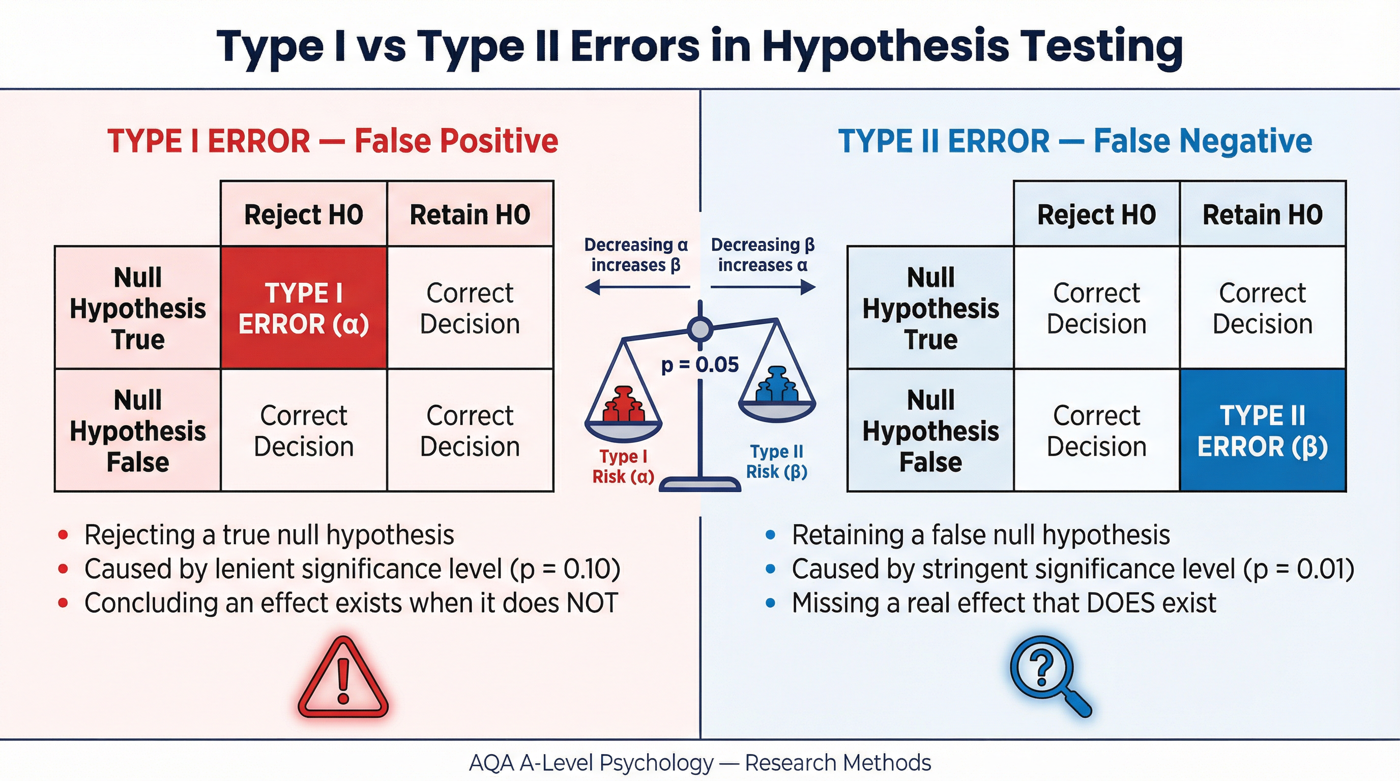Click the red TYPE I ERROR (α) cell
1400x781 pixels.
pos(303,308)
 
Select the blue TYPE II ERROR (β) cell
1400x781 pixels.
pos(1263,431)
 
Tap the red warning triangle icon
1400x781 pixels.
pos(343,679)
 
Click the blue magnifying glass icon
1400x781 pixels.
pos(1048,674)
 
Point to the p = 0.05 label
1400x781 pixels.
pos(699,365)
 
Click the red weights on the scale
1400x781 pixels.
pos(623,405)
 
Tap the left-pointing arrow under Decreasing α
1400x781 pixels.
pos(636,287)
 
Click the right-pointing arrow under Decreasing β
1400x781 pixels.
pos(763,287)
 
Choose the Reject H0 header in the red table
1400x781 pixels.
pos(303,215)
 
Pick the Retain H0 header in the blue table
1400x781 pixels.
pos(1263,215)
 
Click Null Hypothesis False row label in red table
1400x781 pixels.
pos(137,431)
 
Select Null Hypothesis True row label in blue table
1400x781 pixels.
pos(930,308)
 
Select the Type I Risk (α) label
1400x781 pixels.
pos(623,466)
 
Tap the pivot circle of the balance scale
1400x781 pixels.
pos(699,328)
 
